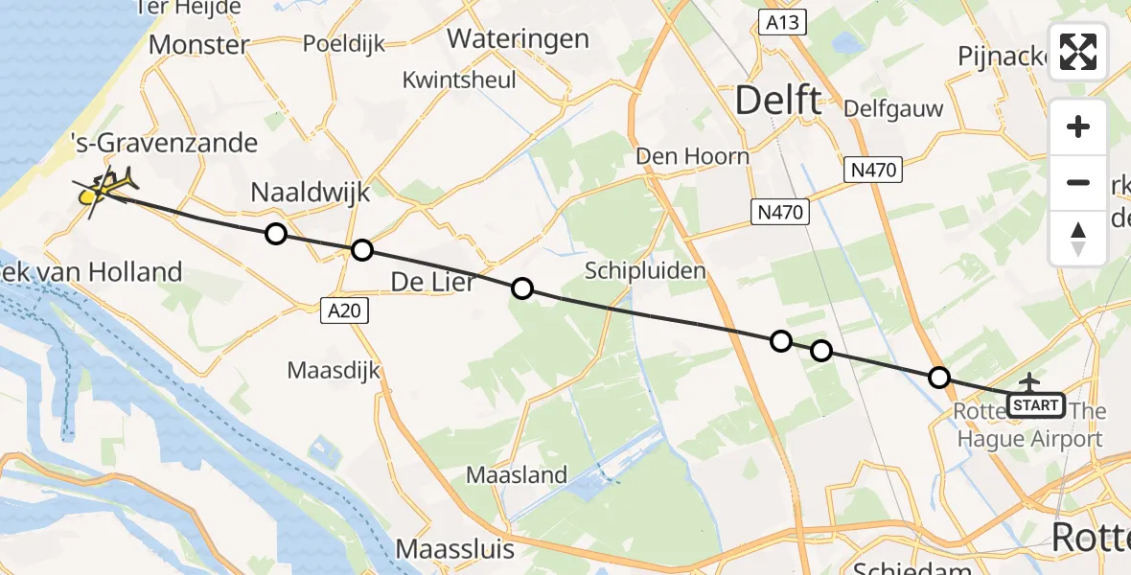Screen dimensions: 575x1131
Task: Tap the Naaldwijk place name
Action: (x=310, y=192)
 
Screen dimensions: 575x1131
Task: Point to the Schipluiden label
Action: (x=646, y=270)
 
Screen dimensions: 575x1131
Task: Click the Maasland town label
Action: (x=517, y=474)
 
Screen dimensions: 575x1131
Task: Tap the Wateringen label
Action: (x=519, y=39)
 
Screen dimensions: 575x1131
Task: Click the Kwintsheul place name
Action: (x=460, y=80)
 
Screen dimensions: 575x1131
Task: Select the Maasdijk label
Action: (x=335, y=370)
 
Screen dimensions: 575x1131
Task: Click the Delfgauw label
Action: (x=893, y=108)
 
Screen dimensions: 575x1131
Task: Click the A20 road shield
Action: (x=342, y=310)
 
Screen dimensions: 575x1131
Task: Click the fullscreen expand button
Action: (x=1078, y=52)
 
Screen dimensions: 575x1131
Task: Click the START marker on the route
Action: (x=1036, y=405)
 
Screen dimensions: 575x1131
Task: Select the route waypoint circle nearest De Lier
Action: (x=521, y=287)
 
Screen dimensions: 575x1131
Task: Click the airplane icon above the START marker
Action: (x=1030, y=382)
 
